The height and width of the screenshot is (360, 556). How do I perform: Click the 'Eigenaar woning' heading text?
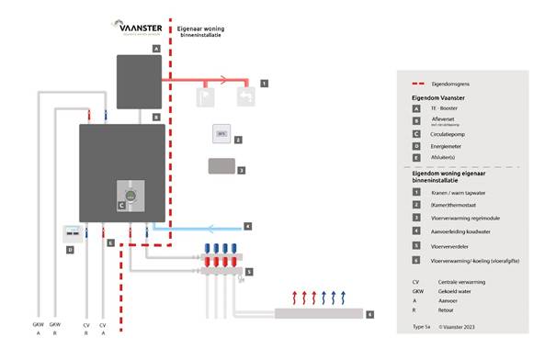(200, 29)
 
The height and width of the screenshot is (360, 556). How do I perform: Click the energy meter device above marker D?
(71, 233)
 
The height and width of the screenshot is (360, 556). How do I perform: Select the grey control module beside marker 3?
(221, 167)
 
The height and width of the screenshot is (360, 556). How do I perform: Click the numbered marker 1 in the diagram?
(264, 84)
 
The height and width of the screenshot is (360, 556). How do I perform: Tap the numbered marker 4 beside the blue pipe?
(246, 226)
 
